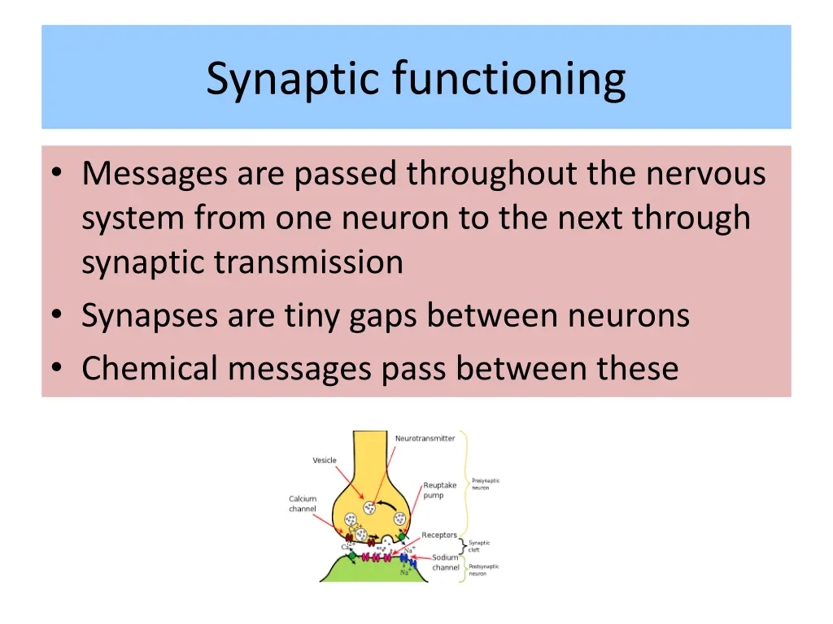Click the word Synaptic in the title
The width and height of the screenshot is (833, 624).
pyautogui.click(x=294, y=80)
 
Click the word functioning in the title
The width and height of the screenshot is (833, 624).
pyautogui.click(x=509, y=80)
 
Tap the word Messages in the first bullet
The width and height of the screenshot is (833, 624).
pyautogui.click(x=155, y=173)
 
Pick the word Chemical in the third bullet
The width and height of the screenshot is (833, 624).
pyautogui.click(x=150, y=368)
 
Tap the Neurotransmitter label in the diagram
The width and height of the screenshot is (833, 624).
pyautogui.click(x=425, y=439)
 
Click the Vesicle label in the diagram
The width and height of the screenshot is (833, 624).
pyautogui.click(x=325, y=461)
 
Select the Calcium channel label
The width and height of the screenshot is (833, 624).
pyautogui.click(x=302, y=504)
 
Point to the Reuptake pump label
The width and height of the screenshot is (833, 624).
pyautogui.click(x=439, y=490)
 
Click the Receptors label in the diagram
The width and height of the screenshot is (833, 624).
pyautogui.click(x=438, y=535)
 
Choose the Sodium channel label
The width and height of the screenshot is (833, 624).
pyautogui.click(x=445, y=562)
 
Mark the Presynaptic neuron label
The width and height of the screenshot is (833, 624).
pyautogui.click(x=485, y=483)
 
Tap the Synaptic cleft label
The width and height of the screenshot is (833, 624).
pyautogui.click(x=479, y=546)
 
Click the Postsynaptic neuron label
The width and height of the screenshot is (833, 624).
pyautogui.click(x=483, y=570)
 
